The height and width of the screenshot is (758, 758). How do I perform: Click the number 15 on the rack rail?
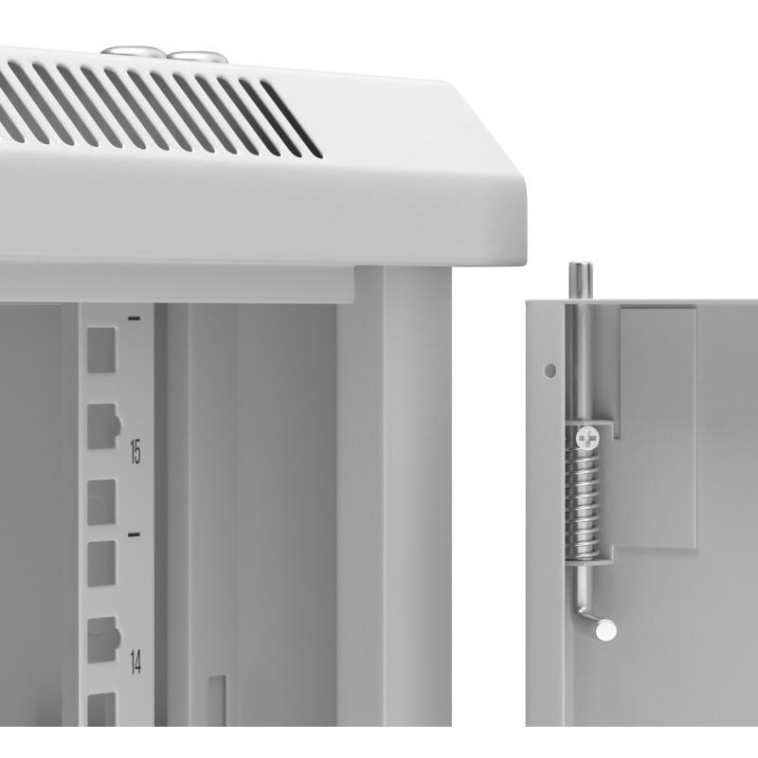tap(135, 452)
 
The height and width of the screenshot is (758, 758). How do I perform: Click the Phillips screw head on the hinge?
tap(587, 439)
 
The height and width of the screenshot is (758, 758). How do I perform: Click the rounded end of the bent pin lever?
tap(605, 630)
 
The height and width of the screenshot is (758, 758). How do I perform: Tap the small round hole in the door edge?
tap(550, 370)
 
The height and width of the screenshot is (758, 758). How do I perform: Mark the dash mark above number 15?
tap(134, 318)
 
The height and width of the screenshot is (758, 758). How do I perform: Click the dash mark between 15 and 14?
tap(134, 534)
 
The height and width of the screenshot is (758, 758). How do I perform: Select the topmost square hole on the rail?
tap(101, 350)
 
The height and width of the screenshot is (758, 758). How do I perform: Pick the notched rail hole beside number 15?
tap(103, 425)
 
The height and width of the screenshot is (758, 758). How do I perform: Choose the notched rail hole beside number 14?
tap(103, 639)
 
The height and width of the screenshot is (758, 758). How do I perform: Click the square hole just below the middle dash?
tap(101, 564)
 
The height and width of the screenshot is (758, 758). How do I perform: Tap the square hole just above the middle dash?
tap(101, 502)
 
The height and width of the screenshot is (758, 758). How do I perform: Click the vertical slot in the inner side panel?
tap(217, 700)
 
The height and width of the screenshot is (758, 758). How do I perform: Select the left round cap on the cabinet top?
tap(131, 51)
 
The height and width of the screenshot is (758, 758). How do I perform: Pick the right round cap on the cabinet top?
tap(197, 57)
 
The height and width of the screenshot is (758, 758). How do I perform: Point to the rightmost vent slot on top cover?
tap(292, 119)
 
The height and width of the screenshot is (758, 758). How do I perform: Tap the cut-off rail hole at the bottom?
tap(101, 709)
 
